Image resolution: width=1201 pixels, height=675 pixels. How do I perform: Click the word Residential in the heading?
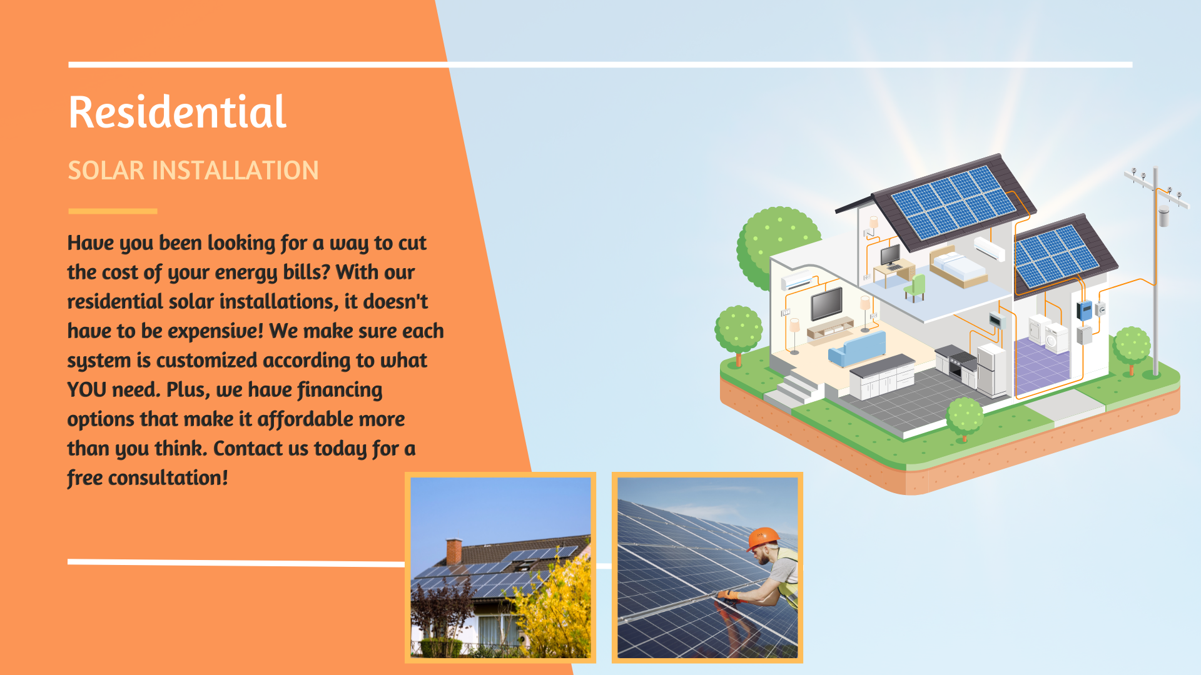pyautogui.click(x=178, y=112)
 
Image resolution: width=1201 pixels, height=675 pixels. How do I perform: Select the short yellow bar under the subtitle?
pyautogui.click(x=113, y=211)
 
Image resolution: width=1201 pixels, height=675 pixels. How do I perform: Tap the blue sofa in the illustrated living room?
pyautogui.click(x=858, y=349)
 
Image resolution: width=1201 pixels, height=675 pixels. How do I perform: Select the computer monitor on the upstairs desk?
pyautogui.click(x=891, y=256)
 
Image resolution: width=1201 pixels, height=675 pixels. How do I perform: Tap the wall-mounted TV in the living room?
pyautogui.click(x=826, y=304)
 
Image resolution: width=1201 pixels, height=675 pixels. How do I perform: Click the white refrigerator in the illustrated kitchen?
pyautogui.click(x=992, y=370)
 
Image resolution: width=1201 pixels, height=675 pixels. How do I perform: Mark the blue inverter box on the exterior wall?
pyautogui.click(x=1084, y=311)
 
